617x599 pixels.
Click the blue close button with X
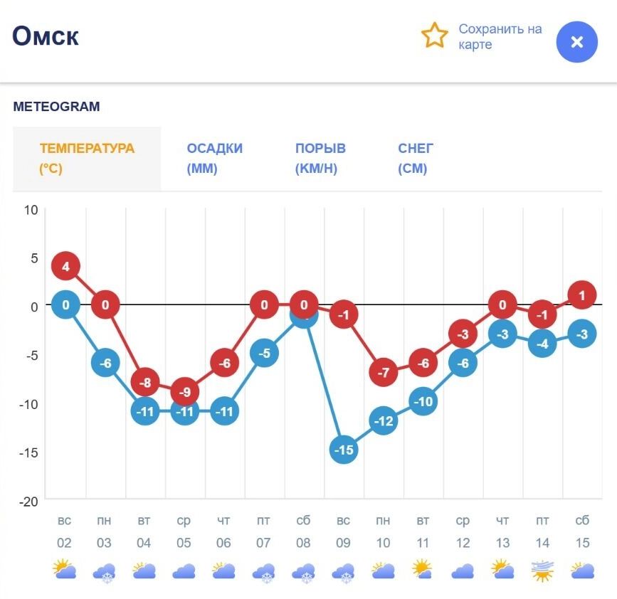576,42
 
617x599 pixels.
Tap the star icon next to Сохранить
434,36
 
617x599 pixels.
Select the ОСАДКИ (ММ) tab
214,159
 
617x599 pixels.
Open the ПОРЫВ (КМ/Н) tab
320,159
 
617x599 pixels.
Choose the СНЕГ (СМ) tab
416,159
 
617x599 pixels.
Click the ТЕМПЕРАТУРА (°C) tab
87,159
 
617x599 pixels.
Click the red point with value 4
65,267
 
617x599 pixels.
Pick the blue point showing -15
344,450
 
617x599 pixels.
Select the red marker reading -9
184,391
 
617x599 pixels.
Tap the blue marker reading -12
384,421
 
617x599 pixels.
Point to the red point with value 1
582,295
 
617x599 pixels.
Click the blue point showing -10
423,401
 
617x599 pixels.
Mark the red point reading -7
384,372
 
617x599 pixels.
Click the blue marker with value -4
542,344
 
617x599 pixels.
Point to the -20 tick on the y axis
28,501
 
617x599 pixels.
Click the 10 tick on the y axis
31,209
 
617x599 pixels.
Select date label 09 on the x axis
344,543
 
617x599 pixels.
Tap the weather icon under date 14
542,571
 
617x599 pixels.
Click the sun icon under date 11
423,570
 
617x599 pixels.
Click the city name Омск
46,36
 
